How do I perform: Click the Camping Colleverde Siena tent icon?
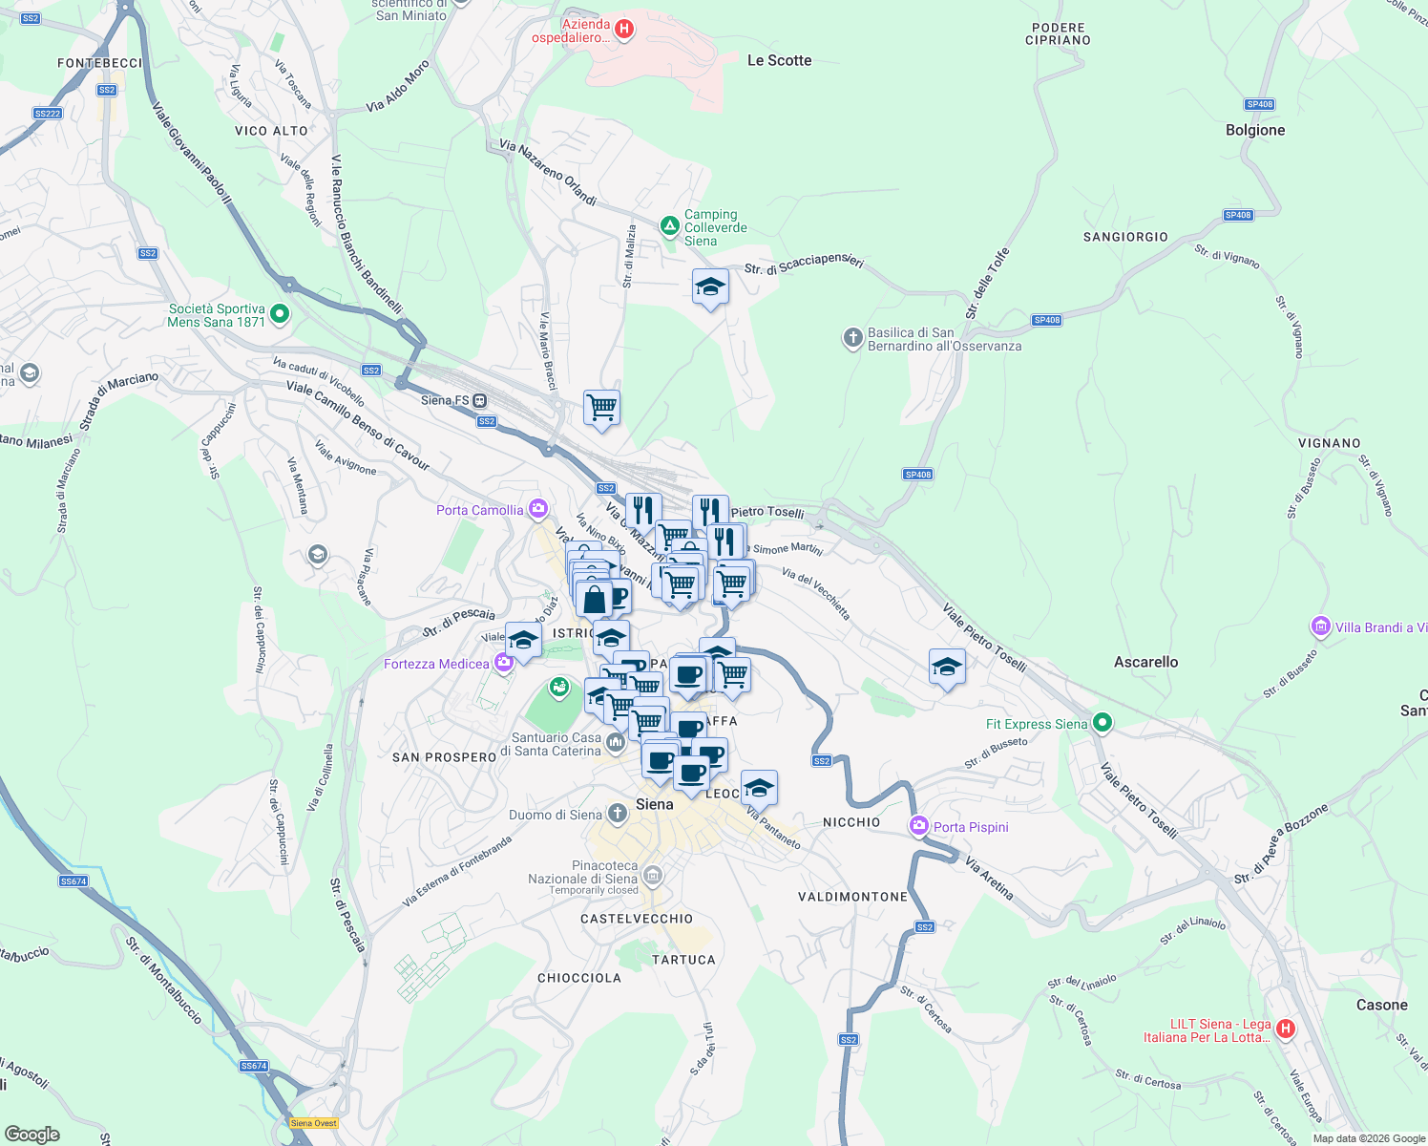click(x=670, y=226)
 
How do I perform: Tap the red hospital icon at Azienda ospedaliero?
click(x=624, y=30)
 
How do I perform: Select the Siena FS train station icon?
click(x=479, y=400)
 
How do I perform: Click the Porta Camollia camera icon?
click(x=538, y=509)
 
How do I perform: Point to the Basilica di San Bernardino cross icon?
click(x=852, y=338)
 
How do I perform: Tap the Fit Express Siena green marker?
click(x=1102, y=723)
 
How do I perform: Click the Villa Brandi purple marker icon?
click(x=1321, y=626)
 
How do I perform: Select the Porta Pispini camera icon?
click(x=919, y=826)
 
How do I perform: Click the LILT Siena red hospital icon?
click(x=1286, y=1029)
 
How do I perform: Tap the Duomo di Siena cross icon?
click(x=618, y=814)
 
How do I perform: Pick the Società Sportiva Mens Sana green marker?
click(x=280, y=313)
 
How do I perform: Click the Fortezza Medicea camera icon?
click(x=504, y=663)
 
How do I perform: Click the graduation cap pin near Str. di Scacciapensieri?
click(x=710, y=286)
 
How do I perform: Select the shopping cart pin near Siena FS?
click(x=601, y=408)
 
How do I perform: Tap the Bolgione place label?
click(x=1255, y=130)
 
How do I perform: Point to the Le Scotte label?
click(x=779, y=60)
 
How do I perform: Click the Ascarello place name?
click(x=1145, y=662)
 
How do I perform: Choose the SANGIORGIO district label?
click(x=1125, y=237)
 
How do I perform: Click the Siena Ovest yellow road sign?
click(x=314, y=1123)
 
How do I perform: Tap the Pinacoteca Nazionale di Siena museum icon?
click(x=653, y=875)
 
